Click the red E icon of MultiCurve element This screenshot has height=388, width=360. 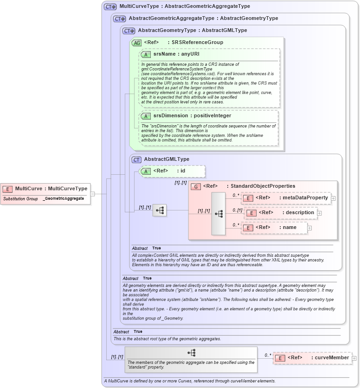click(x=7, y=189)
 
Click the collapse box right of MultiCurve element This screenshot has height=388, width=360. click(x=93, y=194)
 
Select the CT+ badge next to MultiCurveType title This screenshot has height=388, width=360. click(x=110, y=6)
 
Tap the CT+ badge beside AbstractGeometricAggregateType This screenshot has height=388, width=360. click(x=120, y=19)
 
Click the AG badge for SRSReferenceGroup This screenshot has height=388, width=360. click(x=137, y=43)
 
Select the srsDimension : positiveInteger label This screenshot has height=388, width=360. click(x=192, y=116)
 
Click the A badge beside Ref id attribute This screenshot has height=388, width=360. click(x=146, y=171)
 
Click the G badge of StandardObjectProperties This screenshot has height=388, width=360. click(x=196, y=186)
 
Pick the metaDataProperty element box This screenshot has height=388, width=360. click(x=285, y=198)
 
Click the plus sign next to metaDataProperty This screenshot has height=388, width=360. click(x=333, y=198)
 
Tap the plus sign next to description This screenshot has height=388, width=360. click(x=319, y=213)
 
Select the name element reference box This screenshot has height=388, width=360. click(x=274, y=228)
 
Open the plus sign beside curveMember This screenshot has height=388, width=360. click(x=354, y=358)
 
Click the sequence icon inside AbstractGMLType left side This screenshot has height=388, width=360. click(x=160, y=210)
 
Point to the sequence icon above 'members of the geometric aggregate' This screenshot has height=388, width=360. click(x=191, y=353)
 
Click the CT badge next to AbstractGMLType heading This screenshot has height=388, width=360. click(x=137, y=159)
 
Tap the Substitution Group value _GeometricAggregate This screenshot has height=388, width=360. click(x=64, y=198)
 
